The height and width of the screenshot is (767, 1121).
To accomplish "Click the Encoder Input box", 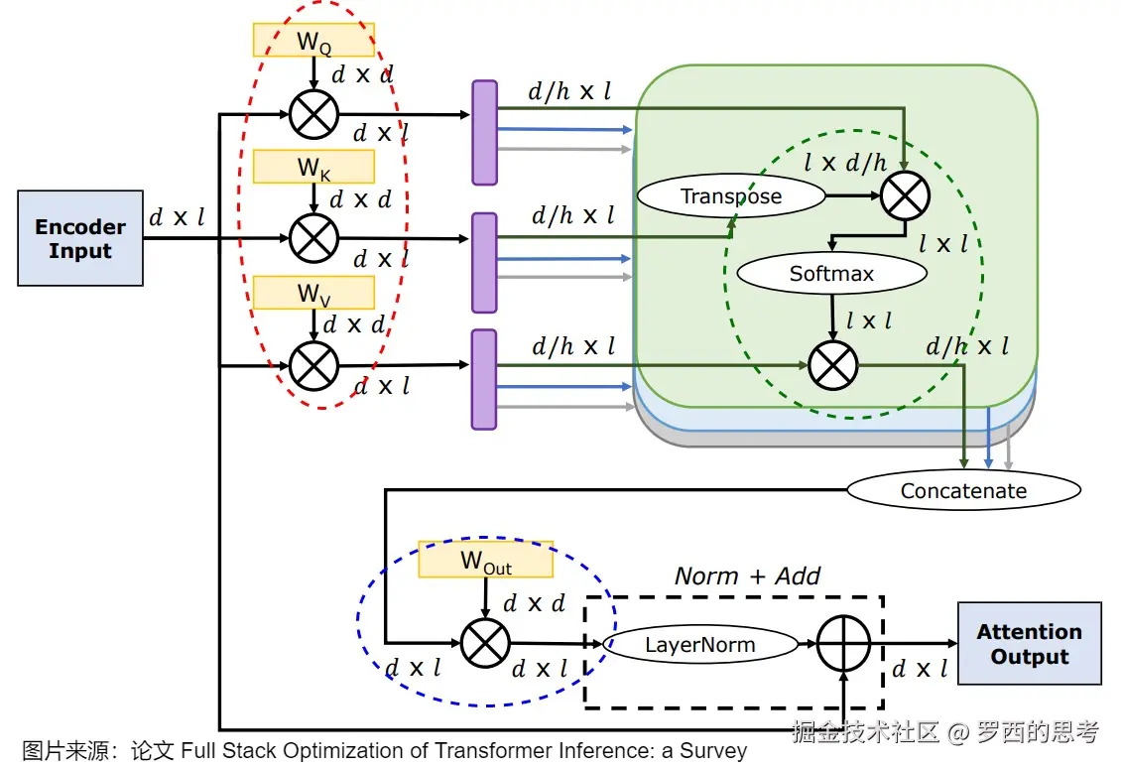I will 80,238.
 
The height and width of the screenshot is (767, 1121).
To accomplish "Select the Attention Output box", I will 1029,643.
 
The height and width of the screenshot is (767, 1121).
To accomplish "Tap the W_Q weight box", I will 313,41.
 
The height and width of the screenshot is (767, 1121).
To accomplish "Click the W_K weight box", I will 313,167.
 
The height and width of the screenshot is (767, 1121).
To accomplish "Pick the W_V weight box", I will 313,293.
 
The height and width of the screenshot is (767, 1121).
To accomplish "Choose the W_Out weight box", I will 485,561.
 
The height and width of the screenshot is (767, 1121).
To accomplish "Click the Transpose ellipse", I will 730,195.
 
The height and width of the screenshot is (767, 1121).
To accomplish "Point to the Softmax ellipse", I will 831,273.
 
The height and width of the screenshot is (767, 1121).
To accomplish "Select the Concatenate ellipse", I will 963,490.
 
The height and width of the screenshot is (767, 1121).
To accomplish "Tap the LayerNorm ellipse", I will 700,645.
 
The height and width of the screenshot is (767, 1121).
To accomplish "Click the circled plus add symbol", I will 842,645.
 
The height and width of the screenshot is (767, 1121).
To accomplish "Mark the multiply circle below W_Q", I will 313,114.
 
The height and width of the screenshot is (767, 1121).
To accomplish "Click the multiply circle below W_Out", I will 485,643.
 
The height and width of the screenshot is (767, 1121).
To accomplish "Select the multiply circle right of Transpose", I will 905,194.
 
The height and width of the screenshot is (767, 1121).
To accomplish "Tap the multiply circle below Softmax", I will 832,364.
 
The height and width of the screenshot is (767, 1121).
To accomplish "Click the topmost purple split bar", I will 484,132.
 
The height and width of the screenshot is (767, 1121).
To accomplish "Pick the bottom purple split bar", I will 484,380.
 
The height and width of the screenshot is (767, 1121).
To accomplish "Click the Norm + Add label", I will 748,575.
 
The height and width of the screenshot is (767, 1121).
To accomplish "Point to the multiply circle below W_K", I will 313,238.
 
